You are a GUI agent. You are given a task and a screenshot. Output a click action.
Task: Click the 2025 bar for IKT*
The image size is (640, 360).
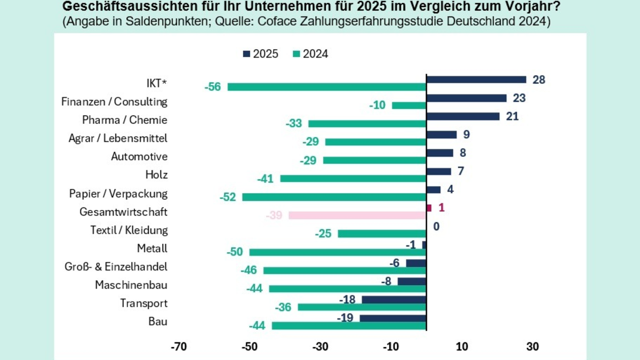pos(476,79)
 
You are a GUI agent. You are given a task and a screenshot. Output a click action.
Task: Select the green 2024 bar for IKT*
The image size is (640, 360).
pos(326,87)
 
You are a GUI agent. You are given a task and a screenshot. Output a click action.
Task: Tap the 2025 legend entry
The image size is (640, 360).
pos(261,54)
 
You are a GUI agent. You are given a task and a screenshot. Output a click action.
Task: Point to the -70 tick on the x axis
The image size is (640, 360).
pos(178,347)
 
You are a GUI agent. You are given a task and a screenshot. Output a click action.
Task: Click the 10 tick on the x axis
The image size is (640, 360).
pos(462,347)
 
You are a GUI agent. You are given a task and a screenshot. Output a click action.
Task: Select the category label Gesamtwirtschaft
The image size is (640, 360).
pos(123,212)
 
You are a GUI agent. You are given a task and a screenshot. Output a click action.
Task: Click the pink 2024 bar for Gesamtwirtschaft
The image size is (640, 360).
pos(357,215)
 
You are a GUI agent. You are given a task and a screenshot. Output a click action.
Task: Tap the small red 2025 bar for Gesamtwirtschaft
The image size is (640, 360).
pos(429,207)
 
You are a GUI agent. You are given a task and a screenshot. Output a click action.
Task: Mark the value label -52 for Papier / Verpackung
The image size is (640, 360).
pos(228,197)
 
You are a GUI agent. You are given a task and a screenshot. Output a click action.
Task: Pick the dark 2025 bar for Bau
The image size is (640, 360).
pos(393,318)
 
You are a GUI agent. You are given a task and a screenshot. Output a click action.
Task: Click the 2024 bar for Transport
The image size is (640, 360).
pos(362,307)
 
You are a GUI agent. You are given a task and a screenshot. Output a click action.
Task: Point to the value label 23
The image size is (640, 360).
pos(519,98)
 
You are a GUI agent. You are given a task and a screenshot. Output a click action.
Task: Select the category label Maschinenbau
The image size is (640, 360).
pos(131,285)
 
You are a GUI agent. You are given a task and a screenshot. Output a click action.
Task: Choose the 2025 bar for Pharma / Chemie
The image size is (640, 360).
pos(463,116)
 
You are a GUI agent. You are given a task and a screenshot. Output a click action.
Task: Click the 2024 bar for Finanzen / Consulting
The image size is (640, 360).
pos(409,105)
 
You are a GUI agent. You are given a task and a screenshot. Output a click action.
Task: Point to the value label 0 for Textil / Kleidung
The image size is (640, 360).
pos(436,226)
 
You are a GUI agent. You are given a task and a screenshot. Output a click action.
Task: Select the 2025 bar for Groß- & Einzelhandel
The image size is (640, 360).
pos(416,263)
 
